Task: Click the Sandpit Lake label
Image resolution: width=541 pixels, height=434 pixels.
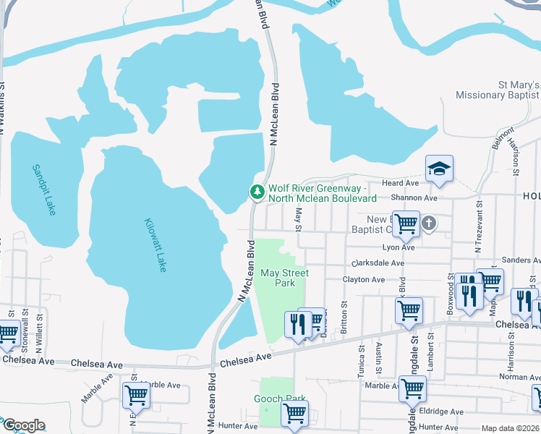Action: coord(44,190)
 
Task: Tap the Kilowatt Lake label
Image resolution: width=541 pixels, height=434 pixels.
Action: coord(156,245)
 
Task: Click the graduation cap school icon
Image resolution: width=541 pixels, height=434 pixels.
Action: coord(439,169)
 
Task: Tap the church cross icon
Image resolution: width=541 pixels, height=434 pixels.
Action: coord(428,223)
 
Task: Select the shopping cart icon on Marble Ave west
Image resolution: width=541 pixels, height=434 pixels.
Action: coord(135,395)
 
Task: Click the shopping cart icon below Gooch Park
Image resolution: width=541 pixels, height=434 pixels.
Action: coord(294,413)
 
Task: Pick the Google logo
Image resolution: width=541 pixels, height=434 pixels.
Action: coord(23,425)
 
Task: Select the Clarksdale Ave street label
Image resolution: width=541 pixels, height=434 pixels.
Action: coord(378,263)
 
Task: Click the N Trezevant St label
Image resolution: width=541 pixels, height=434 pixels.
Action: coord(478,229)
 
